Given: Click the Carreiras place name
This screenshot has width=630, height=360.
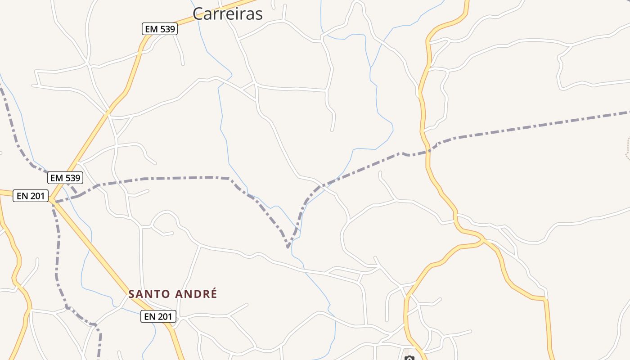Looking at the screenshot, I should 227,13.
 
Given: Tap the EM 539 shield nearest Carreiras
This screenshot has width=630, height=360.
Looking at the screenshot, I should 160,29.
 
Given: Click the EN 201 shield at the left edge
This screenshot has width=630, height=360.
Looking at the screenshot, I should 31,196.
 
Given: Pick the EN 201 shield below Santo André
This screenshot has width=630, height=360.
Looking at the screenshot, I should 158,317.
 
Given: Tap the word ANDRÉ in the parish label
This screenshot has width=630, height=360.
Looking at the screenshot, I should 196,294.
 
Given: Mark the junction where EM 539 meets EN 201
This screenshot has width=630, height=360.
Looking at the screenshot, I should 51,198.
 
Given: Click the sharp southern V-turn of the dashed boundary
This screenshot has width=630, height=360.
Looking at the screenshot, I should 288,247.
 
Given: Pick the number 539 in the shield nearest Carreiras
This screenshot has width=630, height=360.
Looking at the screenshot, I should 166,29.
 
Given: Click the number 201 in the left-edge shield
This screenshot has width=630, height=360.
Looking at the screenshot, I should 37,196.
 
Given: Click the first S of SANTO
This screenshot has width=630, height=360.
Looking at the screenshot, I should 132,294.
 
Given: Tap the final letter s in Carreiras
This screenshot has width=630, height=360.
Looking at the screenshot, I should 259,14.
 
